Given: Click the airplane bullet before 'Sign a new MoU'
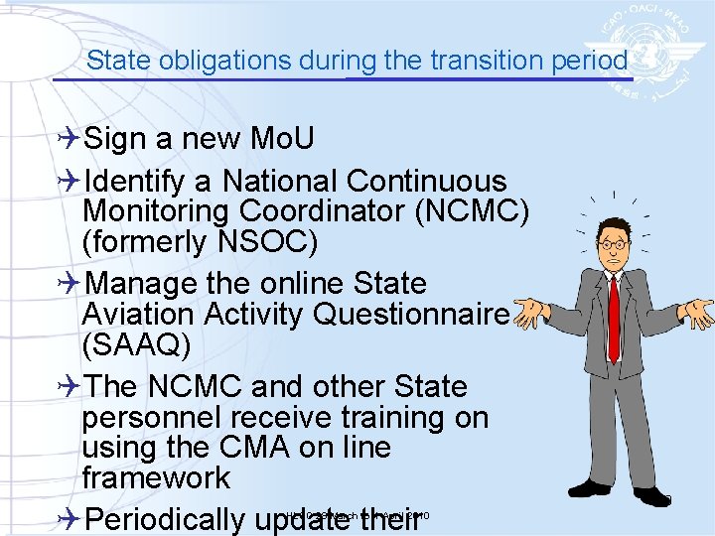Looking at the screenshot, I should coord(70,138).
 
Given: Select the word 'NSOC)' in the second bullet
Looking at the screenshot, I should coord(287,242).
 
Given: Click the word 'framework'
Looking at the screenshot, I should coord(156,478).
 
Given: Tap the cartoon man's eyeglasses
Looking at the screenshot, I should coord(614,243).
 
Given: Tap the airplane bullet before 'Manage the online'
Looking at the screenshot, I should coord(70,284).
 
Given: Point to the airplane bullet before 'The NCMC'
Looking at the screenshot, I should coord(70,386).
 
